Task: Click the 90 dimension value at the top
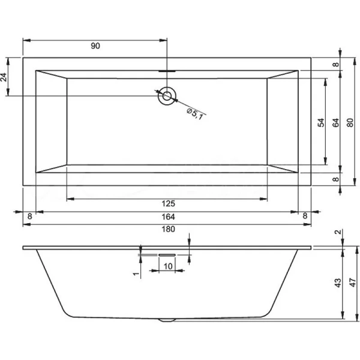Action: pos(95,46)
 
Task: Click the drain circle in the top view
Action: pos(166,95)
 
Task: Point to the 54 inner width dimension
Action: pos(321,122)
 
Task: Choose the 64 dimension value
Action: pos(336,122)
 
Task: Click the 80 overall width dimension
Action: pos(350,122)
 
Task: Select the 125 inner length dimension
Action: pos(168,204)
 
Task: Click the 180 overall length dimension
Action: pos(168,230)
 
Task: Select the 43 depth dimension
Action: pos(337,282)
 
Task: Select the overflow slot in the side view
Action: pos(166,254)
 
